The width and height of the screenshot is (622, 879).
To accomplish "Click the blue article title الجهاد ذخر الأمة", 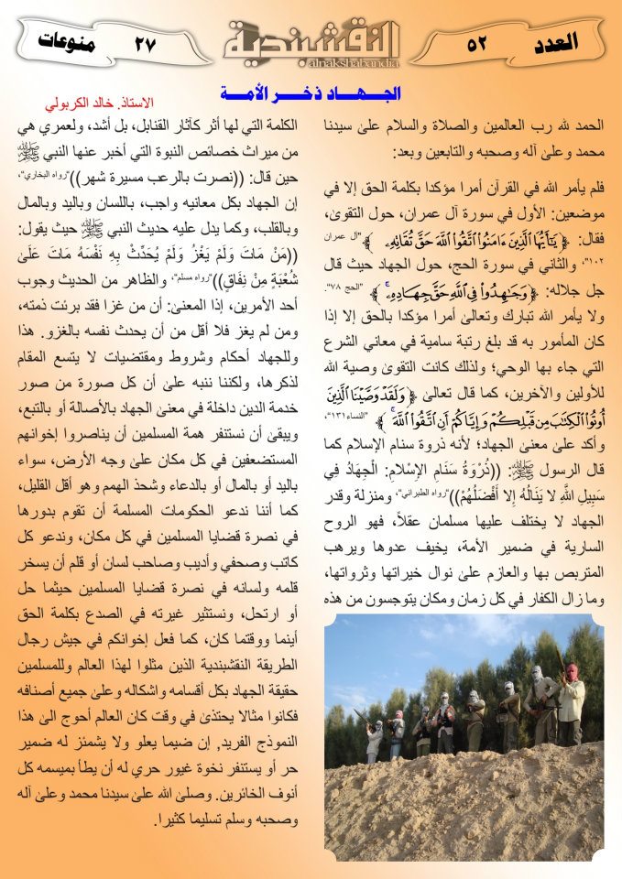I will (x=311, y=92).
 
